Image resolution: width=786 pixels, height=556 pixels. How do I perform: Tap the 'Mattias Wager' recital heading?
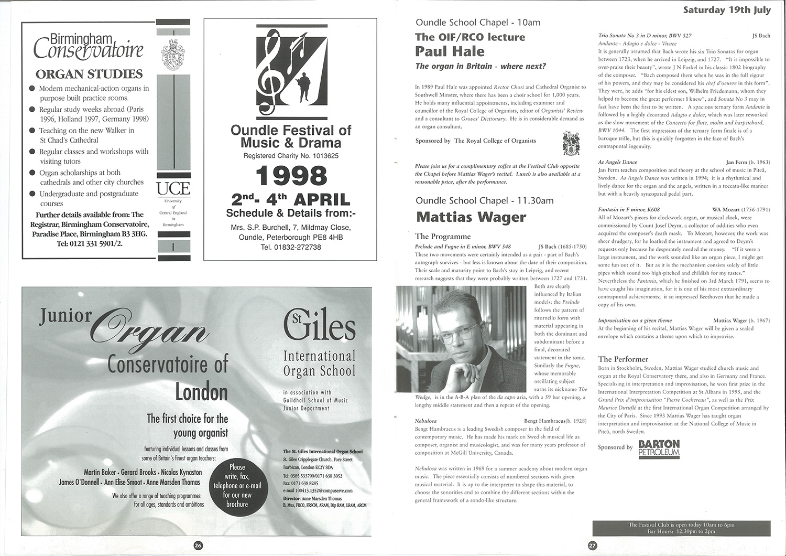point(471,217)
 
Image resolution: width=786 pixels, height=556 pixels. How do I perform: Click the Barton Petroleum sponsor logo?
point(659,448)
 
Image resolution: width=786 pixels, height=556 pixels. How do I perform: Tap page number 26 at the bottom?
point(198,546)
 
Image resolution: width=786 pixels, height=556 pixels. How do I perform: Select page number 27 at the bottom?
point(592,546)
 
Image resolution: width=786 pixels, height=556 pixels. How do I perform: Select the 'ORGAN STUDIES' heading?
point(89,74)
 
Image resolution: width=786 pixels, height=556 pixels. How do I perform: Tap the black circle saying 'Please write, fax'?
point(237,485)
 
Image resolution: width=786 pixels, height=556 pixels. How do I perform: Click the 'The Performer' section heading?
point(623,359)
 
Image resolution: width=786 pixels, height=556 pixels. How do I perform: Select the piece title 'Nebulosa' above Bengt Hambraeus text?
point(425,421)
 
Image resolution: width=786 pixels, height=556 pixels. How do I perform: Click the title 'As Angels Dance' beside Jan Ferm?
point(617,163)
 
